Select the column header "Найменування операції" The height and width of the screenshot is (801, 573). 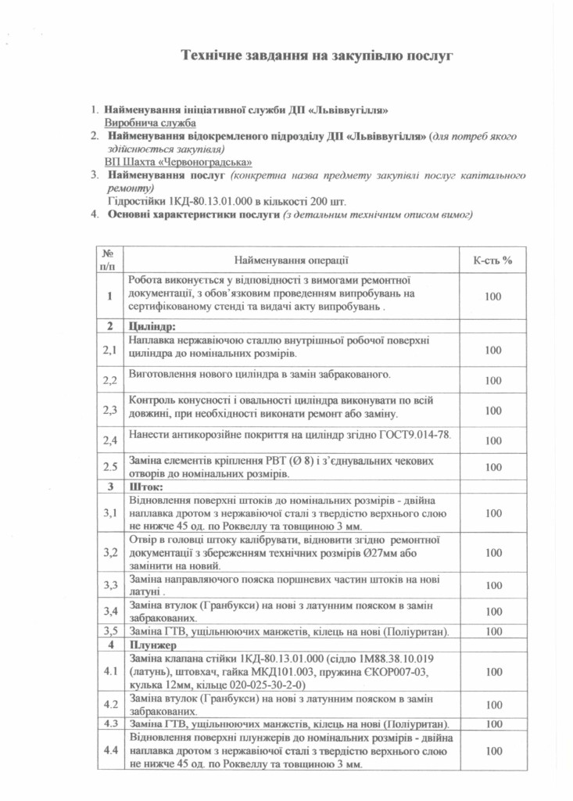(x=290, y=259)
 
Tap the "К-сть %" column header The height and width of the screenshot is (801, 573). (x=492, y=259)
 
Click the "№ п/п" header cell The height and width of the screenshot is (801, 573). (x=108, y=259)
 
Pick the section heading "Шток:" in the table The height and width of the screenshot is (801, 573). (x=145, y=487)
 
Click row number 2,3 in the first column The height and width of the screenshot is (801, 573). (x=110, y=409)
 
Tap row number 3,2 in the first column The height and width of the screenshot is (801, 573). (x=110, y=552)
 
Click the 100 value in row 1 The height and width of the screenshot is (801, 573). (x=492, y=296)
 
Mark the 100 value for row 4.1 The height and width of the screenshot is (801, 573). (x=492, y=671)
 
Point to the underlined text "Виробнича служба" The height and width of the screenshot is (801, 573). (x=150, y=123)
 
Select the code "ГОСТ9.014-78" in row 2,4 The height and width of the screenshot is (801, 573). (x=414, y=436)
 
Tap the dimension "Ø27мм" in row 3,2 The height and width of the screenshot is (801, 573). (x=389, y=552)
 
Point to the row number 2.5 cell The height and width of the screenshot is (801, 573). (x=110, y=467)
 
